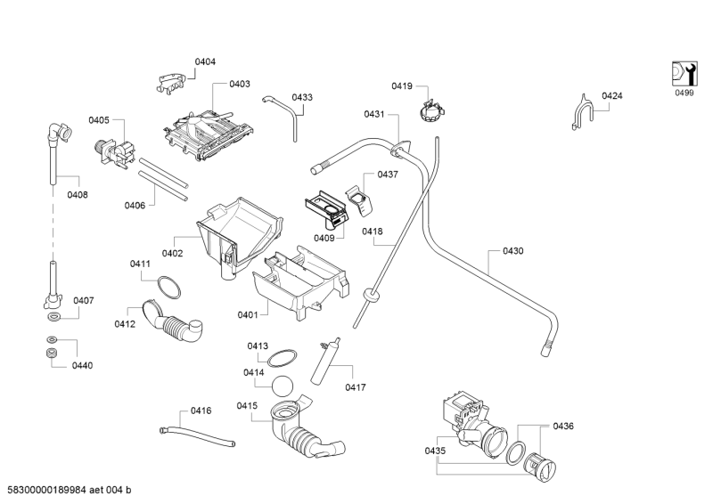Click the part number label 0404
point(205,61)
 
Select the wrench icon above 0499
point(683,74)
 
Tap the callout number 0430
point(513,251)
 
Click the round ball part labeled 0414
point(284,386)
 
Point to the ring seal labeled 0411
point(168,287)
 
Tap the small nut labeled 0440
point(52,355)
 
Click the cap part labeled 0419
point(431,112)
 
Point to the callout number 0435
point(435,451)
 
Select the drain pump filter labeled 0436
point(540,465)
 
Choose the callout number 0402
point(172,253)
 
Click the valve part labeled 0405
point(112,152)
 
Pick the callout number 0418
point(372,232)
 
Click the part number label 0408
point(78,194)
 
